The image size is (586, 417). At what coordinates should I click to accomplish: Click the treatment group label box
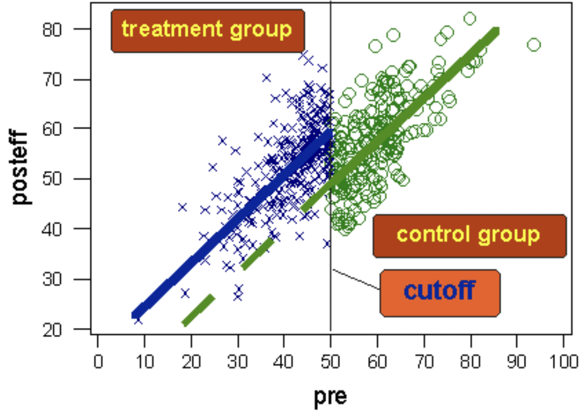(207, 30)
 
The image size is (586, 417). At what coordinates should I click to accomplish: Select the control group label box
(469, 235)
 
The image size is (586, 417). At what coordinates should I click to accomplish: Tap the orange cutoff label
(439, 292)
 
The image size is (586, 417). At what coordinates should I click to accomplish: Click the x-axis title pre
(330, 396)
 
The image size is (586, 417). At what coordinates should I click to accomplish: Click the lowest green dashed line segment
(198, 310)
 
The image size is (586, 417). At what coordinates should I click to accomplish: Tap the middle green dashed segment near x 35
(258, 253)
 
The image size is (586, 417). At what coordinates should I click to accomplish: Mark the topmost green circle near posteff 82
(469, 19)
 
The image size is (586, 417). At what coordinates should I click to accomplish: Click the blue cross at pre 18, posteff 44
(182, 207)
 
